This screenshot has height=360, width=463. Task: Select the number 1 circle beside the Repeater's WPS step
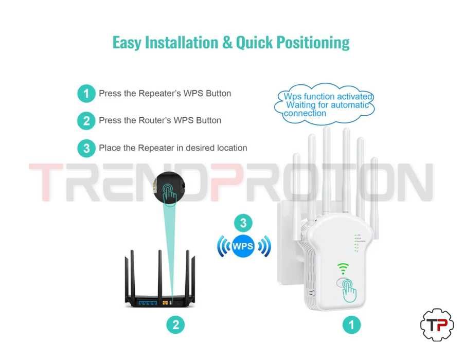86,94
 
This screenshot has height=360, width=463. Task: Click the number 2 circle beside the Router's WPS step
86,121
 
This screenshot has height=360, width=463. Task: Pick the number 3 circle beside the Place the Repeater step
86,148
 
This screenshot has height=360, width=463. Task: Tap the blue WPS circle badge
243,246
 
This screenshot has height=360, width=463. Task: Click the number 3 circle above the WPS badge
243,223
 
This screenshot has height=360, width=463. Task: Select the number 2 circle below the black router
175,325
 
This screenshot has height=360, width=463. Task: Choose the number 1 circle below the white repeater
352,325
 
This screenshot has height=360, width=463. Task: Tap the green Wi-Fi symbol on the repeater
343,268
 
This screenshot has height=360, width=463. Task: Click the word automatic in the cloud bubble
349,105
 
